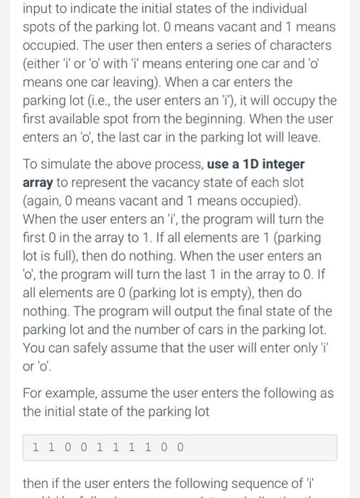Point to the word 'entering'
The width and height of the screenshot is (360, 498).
201,63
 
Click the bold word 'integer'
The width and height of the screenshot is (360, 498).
284,164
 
